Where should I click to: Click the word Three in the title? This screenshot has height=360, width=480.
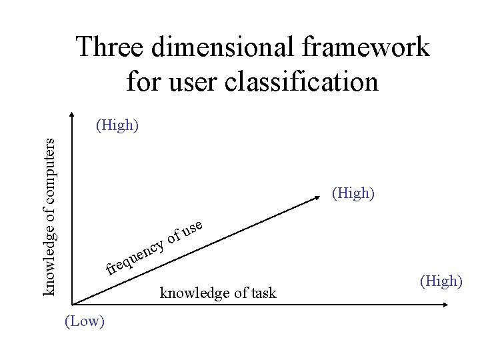(111, 49)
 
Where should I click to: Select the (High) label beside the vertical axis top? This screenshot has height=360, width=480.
(117, 125)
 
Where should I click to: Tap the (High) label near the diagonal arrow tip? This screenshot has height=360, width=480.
(353, 194)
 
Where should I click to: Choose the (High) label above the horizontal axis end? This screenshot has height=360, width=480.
(441, 281)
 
